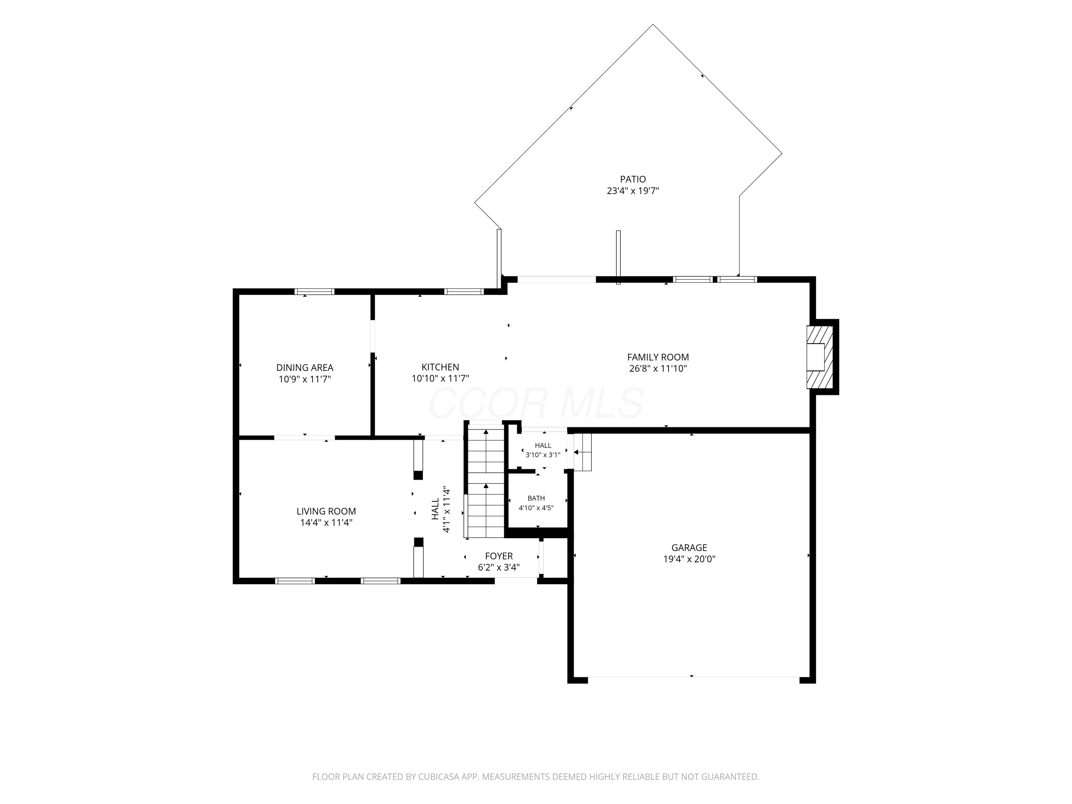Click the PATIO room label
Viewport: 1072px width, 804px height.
633,179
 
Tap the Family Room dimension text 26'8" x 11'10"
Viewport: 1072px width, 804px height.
658,368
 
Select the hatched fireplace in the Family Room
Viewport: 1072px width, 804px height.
819,357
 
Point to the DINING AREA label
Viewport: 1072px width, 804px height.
305,368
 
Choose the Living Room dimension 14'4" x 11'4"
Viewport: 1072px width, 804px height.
326,522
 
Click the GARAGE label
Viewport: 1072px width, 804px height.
689,548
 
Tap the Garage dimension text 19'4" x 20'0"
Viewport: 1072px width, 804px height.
689,559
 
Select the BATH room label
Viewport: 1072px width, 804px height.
536,498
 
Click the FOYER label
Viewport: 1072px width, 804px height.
499,556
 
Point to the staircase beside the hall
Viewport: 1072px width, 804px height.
486,483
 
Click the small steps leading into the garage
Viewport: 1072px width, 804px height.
582,452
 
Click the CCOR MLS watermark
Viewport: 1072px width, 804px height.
536,403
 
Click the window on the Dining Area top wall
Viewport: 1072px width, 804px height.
314,292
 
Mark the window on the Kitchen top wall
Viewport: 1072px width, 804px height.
464,292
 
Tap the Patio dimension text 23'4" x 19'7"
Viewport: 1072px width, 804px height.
633,191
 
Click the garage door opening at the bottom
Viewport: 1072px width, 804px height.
694,677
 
